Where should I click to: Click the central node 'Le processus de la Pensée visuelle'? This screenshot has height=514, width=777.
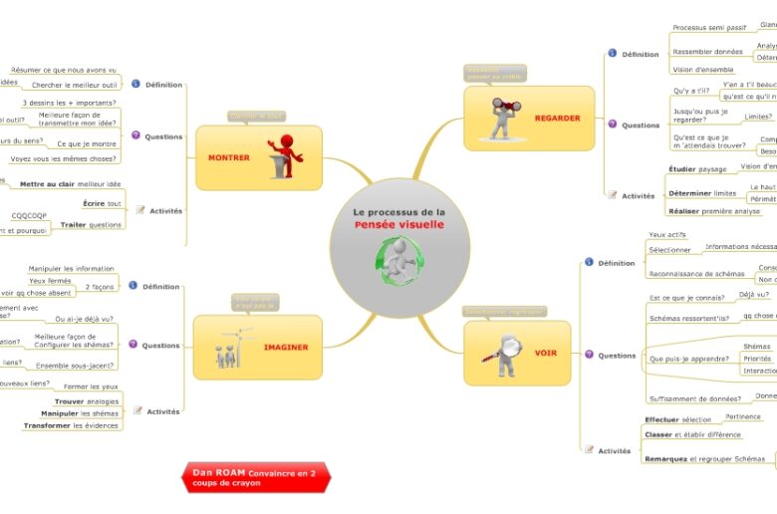pos(399,218)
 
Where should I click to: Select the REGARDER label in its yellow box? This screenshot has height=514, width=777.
pos(557,119)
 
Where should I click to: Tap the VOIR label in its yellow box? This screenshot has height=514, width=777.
pos(546,354)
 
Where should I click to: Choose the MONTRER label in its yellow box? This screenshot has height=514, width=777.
pos(228,157)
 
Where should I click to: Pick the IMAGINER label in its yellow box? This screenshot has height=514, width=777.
pos(285,348)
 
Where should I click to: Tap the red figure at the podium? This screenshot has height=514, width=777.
pos(285,156)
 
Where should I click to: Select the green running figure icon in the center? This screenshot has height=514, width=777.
pos(398,261)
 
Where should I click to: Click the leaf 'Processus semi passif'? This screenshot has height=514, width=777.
pos(709,28)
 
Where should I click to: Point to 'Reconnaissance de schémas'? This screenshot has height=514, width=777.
pos(695,274)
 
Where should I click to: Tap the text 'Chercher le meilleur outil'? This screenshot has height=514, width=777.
pos(75,86)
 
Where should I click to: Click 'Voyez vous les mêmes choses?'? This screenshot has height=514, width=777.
pos(63,158)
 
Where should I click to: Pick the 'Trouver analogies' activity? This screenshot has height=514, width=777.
pos(86,400)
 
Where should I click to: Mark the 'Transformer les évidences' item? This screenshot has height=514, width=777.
pos(71,425)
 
